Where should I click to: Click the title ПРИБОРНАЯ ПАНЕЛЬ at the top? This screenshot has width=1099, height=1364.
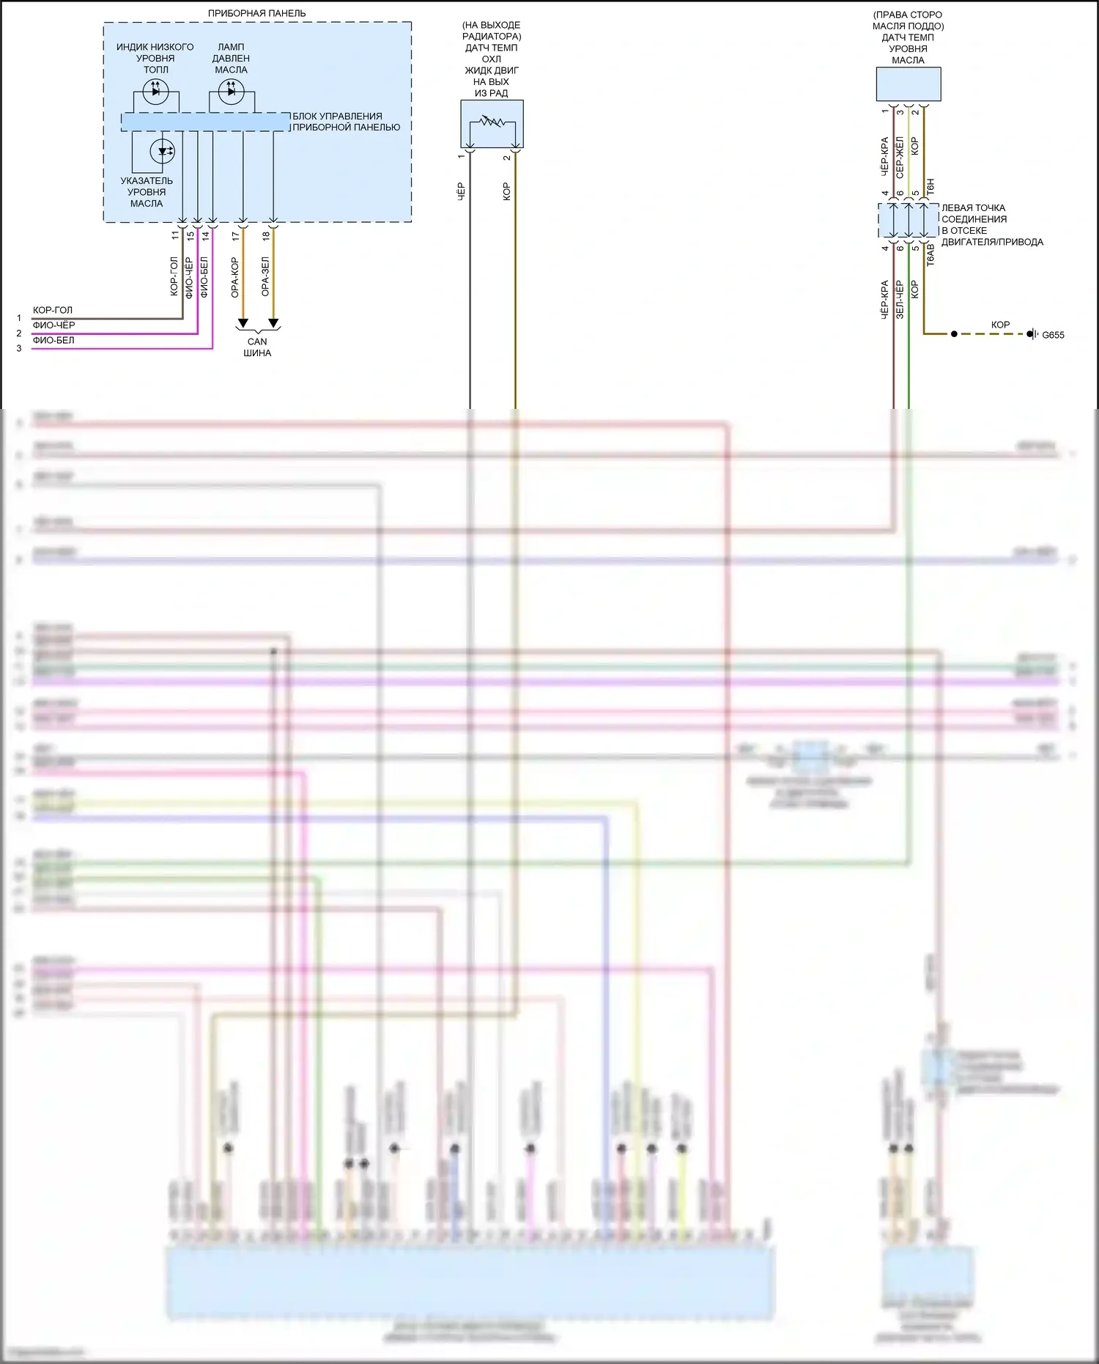(x=256, y=13)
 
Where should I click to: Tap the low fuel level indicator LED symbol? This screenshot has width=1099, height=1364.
(x=155, y=92)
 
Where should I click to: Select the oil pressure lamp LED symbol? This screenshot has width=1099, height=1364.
(x=232, y=92)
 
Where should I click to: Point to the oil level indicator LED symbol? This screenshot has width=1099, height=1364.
(x=162, y=152)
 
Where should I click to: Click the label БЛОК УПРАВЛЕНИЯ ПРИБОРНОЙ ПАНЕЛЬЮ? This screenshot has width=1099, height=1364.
(x=346, y=122)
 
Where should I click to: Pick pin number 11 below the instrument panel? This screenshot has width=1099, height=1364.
(x=175, y=236)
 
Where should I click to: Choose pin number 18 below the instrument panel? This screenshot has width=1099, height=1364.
(x=266, y=236)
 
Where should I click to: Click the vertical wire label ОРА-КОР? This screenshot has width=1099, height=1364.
(x=235, y=277)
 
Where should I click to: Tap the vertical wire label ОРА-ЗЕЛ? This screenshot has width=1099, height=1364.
(x=265, y=277)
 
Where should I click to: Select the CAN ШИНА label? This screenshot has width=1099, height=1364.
(x=257, y=347)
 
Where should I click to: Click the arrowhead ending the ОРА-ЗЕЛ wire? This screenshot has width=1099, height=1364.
(x=273, y=323)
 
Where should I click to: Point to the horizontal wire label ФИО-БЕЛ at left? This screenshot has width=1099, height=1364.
(x=53, y=340)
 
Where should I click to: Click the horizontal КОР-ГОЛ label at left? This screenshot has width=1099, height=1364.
(x=53, y=310)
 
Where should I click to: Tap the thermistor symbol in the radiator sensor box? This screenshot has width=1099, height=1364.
(x=492, y=121)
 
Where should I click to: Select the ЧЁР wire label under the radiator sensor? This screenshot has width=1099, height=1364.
(x=462, y=191)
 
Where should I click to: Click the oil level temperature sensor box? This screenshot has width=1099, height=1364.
(x=909, y=84)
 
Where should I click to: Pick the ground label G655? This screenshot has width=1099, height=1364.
(x=1053, y=335)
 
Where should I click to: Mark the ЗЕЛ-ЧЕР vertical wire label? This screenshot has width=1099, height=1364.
(x=900, y=299)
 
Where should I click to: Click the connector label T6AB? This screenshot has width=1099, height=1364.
(x=930, y=254)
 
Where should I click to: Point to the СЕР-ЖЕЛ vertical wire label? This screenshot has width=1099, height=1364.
(x=900, y=157)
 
